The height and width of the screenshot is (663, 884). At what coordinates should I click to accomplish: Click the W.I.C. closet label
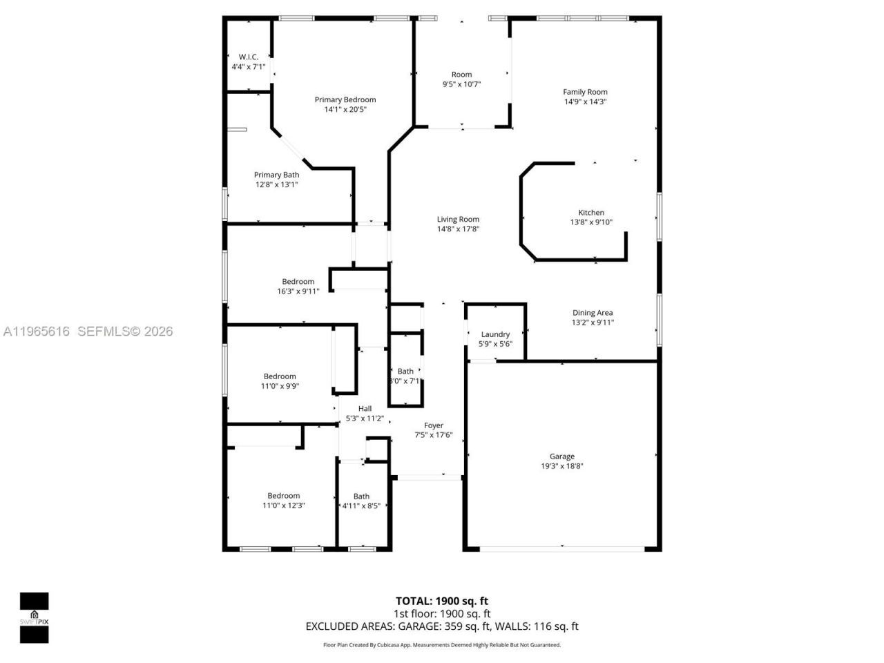point(248,57)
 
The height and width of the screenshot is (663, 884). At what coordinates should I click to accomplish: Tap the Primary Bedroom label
point(345,99)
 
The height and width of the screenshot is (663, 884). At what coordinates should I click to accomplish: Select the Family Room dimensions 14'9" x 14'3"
point(585,102)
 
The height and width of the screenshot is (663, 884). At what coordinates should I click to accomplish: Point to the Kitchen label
point(591,213)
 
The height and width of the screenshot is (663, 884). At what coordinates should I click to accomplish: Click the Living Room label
point(458,220)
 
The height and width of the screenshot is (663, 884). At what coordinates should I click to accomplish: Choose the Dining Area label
point(593,313)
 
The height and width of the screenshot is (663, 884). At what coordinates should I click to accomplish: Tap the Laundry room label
point(495,334)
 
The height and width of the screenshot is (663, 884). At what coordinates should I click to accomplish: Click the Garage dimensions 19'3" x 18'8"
point(562,466)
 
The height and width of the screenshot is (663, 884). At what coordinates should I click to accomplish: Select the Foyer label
point(434,425)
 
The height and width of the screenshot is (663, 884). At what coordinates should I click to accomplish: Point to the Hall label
point(365,409)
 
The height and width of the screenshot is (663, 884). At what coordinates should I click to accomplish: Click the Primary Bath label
point(276,175)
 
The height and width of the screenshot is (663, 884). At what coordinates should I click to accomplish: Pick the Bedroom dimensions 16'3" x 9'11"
point(298,291)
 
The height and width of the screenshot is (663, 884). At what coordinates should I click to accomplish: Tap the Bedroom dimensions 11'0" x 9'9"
point(280,387)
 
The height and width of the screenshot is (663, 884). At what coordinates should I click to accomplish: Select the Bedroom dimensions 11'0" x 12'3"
point(283,506)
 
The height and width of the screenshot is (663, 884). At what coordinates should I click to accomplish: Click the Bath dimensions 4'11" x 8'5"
point(361,506)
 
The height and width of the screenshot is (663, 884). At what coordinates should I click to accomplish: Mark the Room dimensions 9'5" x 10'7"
point(461,84)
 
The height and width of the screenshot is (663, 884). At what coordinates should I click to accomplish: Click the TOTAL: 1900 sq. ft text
point(442,601)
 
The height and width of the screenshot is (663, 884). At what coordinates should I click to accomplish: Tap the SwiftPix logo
point(34,617)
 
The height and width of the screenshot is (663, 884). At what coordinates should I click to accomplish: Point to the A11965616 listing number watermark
point(37,331)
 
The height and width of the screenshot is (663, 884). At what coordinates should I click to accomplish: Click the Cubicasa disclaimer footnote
point(442,645)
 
